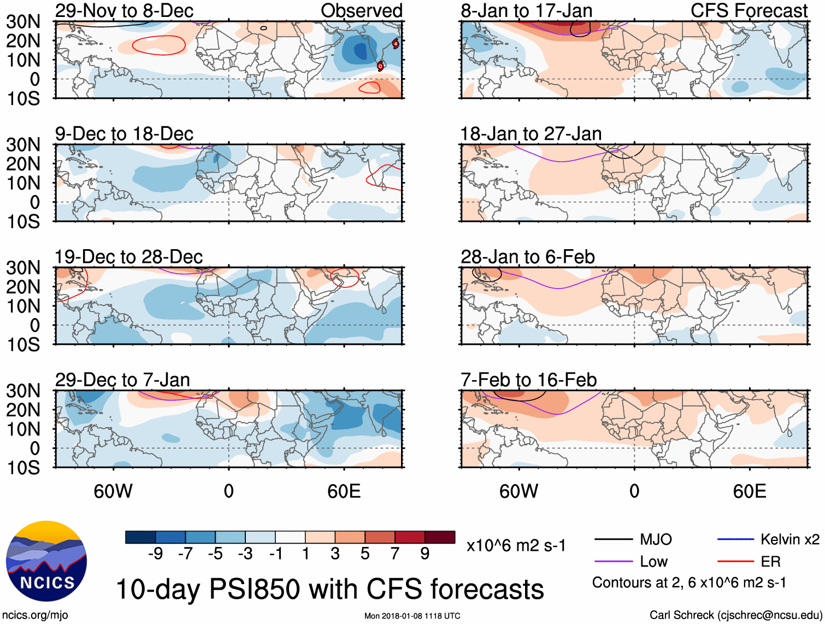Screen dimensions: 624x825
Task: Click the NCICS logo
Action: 46,561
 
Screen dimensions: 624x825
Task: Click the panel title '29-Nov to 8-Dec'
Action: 124,10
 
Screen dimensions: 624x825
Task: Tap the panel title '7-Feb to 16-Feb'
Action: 528,380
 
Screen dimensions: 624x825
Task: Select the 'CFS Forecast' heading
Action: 749,10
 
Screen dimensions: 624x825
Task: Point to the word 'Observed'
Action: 361,10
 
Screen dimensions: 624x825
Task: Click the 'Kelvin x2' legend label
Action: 789,540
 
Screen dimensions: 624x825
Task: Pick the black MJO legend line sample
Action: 614,540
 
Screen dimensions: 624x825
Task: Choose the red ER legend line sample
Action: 735,561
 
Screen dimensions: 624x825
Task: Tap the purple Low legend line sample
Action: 614,561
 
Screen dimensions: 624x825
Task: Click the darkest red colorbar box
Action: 440,537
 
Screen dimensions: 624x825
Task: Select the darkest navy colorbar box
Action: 140,537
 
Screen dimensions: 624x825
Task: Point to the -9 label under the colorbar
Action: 155,554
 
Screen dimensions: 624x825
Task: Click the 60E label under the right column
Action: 749,491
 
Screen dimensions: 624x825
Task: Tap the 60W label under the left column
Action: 113,491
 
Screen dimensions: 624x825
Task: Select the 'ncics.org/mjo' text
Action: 35,615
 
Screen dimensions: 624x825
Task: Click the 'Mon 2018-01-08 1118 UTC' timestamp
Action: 412,616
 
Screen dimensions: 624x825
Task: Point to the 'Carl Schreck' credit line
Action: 735,615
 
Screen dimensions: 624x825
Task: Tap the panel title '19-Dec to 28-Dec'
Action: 128,257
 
